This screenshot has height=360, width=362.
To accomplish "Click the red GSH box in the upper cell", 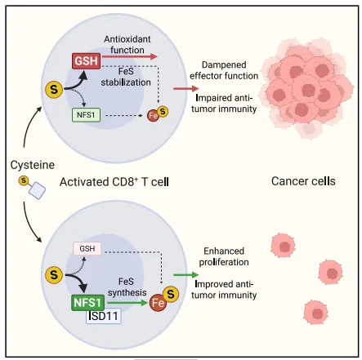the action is (x=86, y=61).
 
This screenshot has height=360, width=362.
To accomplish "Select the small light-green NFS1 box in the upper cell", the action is (x=86, y=115).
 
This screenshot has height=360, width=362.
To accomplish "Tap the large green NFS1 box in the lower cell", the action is (x=87, y=303).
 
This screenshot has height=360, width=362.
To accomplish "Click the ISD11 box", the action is (x=104, y=316).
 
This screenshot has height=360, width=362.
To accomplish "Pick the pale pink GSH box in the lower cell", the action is (x=87, y=248).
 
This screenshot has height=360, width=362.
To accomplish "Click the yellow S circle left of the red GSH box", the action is (x=54, y=90).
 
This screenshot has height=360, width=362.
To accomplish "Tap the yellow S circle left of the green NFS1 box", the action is (x=54, y=275).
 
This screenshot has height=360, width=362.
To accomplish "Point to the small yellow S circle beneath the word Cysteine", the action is (x=24, y=180).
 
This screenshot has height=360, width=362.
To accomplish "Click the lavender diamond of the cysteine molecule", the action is (x=38, y=191).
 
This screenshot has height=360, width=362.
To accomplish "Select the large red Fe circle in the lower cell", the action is (x=158, y=303).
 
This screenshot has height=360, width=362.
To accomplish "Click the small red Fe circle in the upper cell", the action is (x=153, y=116).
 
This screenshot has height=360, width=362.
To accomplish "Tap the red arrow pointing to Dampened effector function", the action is (x=186, y=88).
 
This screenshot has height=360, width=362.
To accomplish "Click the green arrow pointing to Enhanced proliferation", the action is (x=186, y=275).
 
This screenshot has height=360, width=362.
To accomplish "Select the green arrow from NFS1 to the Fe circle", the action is (x=127, y=302).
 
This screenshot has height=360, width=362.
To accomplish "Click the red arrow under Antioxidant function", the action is (x=129, y=56).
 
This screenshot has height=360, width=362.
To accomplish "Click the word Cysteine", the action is (x=33, y=165).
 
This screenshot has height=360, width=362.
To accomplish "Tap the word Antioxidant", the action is (x=127, y=39).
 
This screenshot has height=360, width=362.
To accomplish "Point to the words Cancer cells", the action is (x=303, y=181).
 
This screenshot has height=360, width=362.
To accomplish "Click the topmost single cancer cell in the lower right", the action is (x=283, y=246).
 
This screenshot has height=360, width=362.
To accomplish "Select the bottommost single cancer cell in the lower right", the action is (x=316, y=313).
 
